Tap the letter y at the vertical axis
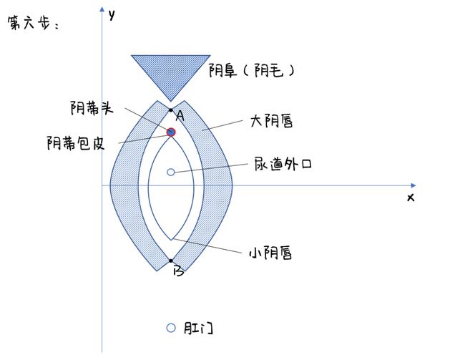pos(112,14)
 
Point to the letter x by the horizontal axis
pos(411,198)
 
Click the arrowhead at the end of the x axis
pos(413,185)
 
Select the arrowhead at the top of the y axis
pos(102,9)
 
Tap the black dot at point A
pos(171,110)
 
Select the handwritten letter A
pos(180,116)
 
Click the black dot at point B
pos(171,261)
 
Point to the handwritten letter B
pos(179,271)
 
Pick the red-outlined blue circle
pos(171,132)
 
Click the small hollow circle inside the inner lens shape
pos(171,172)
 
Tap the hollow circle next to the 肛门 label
pos(171,328)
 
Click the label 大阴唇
pos(271,121)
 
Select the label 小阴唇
pos(270,253)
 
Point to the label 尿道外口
pos(283,164)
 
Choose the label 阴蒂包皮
pos(76,143)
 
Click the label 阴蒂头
pos(92,108)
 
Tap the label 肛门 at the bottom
pos(198,328)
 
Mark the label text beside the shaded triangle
pos(252,71)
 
